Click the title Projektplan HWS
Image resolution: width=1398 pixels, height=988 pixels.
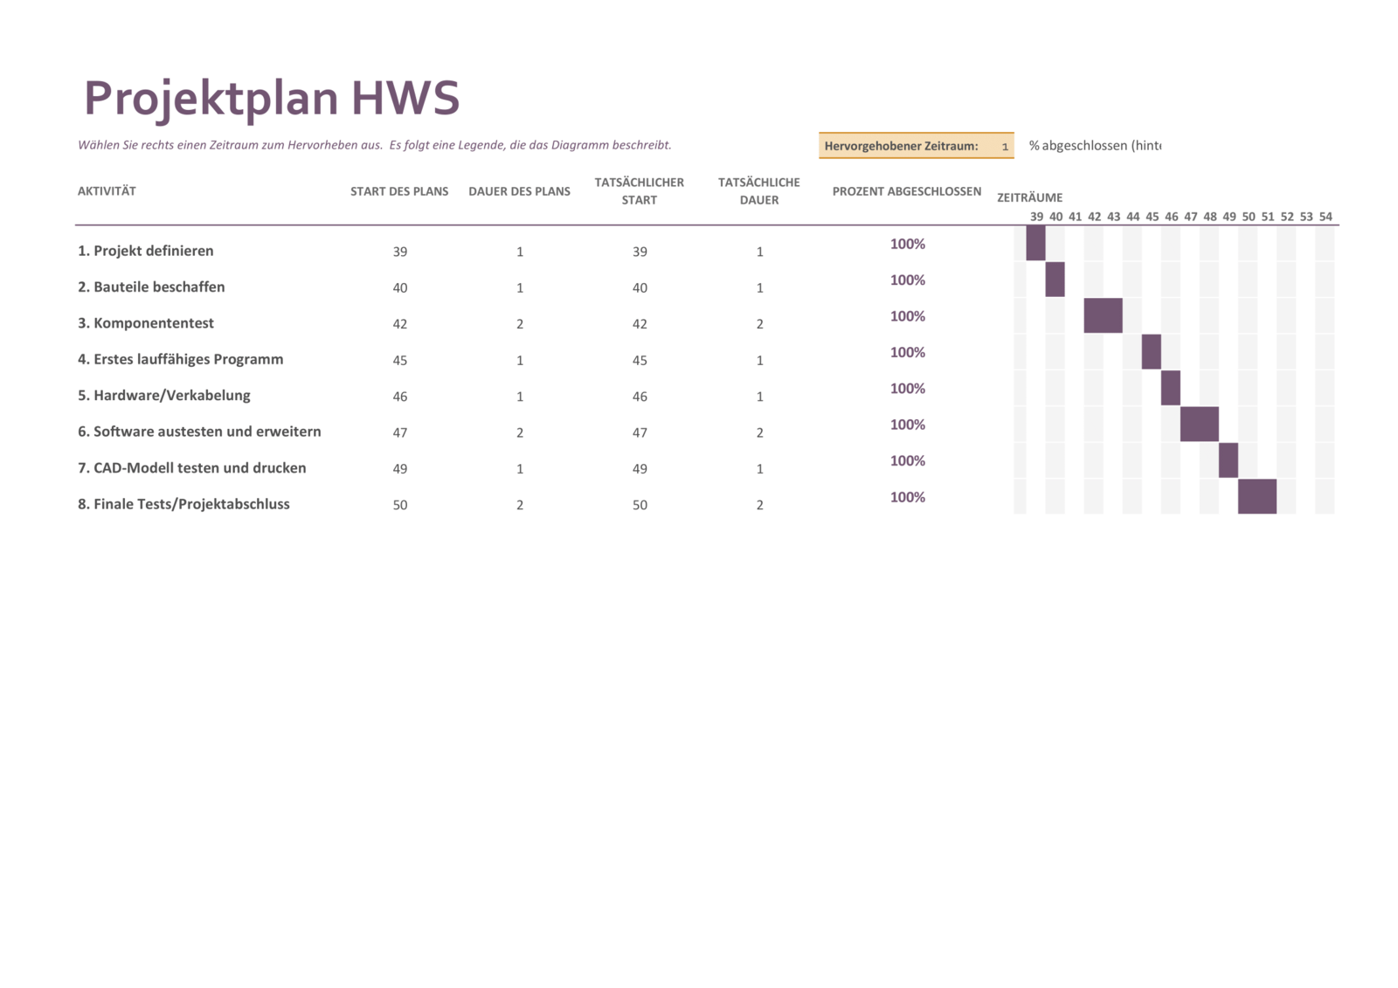(x=271, y=98)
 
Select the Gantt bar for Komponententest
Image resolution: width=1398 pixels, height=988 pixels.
(x=1103, y=315)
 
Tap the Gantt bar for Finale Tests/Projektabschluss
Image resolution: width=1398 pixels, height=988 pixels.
(x=1256, y=496)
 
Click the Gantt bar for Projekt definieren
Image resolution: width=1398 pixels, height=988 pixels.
(x=1035, y=243)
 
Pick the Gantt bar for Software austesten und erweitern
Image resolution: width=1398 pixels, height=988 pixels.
(x=1199, y=424)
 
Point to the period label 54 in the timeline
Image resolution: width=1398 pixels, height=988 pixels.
(x=1325, y=217)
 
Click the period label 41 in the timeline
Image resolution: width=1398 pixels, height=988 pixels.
(x=1075, y=217)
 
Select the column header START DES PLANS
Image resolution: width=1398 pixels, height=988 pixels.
(x=399, y=191)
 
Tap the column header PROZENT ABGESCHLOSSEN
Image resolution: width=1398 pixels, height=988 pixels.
(x=906, y=191)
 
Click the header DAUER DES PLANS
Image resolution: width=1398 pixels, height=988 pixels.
(x=519, y=191)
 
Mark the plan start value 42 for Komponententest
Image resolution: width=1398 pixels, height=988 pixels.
(x=400, y=324)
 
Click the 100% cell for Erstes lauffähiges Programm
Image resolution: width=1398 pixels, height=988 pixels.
(x=907, y=353)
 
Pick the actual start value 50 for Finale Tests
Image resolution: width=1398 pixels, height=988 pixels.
(x=640, y=505)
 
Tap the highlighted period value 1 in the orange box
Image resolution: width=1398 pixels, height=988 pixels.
(x=1005, y=147)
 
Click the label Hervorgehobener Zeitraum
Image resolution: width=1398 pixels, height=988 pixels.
(x=901, y=146)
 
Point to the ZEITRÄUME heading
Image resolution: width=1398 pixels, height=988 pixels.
(x=1029, y=197)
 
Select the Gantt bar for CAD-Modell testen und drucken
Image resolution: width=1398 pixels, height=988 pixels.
(x=1228, y=460)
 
